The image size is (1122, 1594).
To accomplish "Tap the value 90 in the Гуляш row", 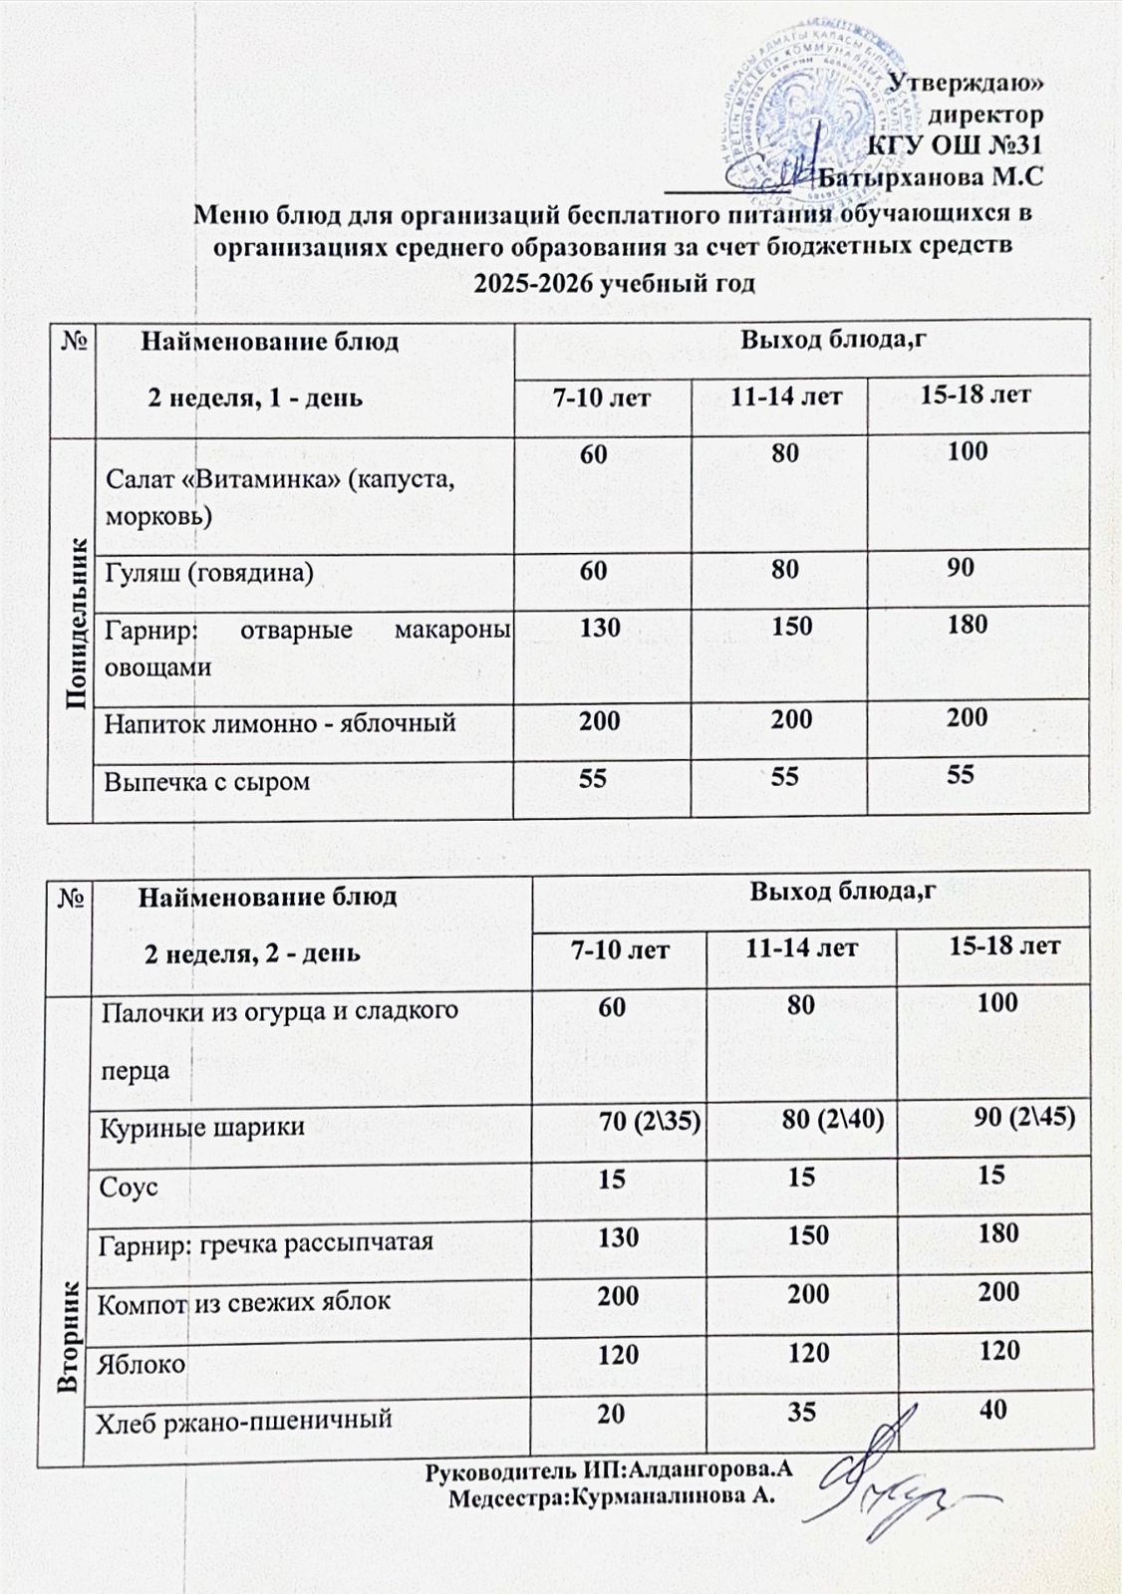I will [x=961, y=568].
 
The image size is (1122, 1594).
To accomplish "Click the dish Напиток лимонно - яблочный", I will [x=280, y=721].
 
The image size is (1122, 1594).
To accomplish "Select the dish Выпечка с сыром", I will [x=207, y=781].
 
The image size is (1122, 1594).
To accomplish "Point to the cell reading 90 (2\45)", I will [x=1023, y=1117].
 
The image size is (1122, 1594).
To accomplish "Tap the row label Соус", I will [x=129, y=1188].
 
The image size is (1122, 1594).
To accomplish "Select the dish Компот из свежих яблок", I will [x=243, y=1301].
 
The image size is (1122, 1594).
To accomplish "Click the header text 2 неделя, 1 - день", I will [x=255, y=398].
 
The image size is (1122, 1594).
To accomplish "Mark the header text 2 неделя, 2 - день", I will [x=253, y=953].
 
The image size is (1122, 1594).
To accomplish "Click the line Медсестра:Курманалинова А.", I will [x=612, y=1496].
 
